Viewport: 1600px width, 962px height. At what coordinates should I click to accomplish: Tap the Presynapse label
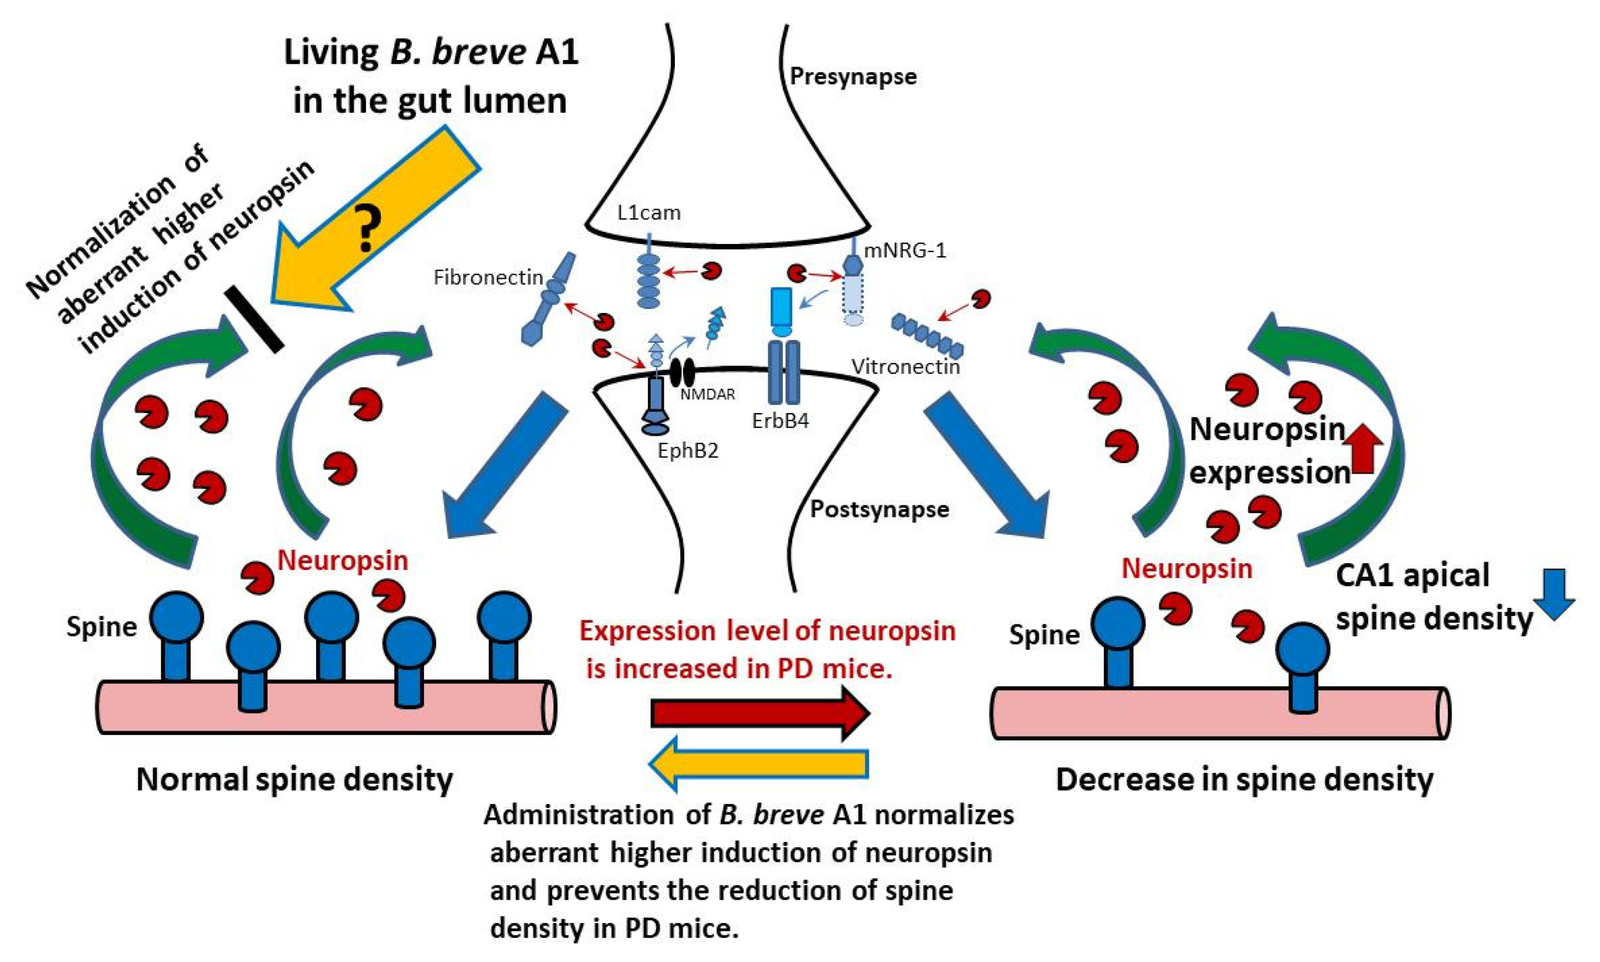853,76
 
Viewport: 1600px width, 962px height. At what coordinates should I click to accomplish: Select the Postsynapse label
879,509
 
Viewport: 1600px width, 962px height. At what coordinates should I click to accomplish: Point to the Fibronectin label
488,278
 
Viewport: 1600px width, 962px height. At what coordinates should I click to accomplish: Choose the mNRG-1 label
905,250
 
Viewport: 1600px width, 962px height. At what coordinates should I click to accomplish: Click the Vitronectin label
905,367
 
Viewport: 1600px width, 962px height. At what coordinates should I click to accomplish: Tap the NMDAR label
707,394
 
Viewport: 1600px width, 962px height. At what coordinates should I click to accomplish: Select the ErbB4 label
780,421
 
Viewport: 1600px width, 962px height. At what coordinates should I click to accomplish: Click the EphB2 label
688,450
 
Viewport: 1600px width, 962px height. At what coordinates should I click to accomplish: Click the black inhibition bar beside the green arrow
253,321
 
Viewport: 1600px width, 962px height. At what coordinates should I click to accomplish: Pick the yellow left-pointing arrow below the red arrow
759,763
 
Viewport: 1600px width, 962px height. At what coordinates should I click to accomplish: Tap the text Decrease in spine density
1244,779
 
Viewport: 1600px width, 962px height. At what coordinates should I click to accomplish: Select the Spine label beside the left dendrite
102,627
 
